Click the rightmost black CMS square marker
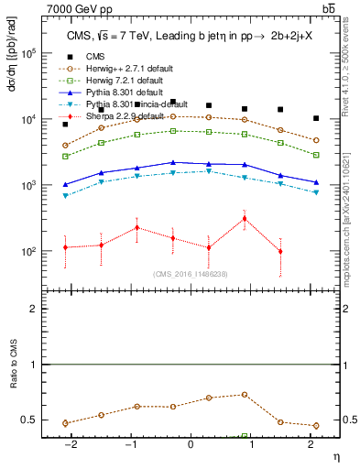315,118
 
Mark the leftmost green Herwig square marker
65,157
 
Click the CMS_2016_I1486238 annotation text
191,274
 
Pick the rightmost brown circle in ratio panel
315,426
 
